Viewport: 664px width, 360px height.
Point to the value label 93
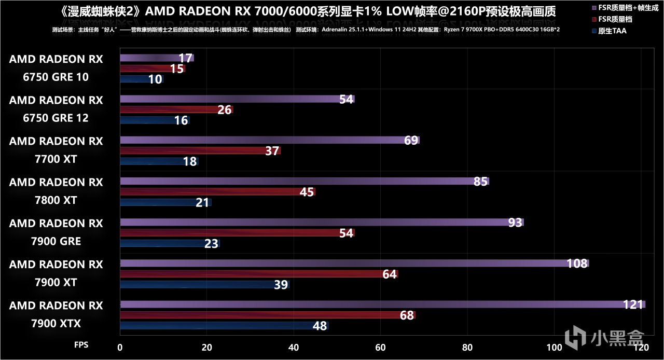point(515,223)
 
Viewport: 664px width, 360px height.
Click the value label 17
point(185,58)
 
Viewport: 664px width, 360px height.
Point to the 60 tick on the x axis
point(381,347)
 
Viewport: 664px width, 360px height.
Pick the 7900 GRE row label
point(56,232)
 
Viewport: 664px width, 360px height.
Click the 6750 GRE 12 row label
point(56,109)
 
